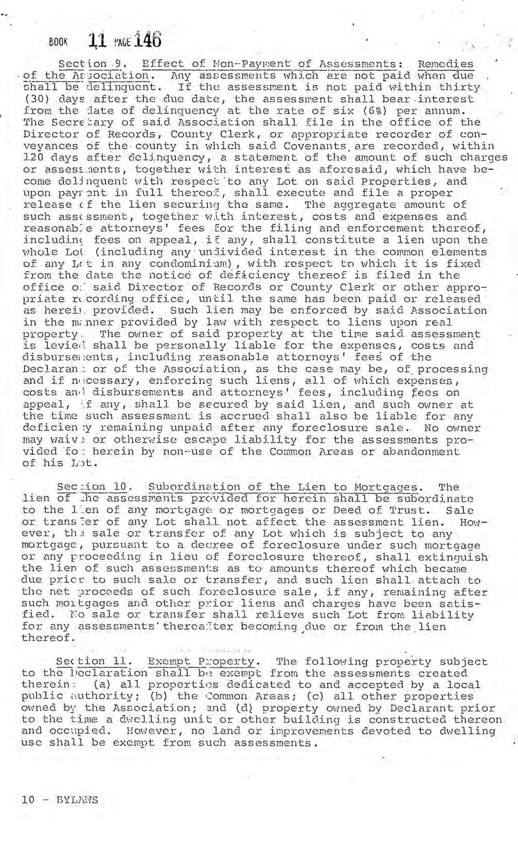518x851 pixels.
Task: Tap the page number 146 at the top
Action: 149,39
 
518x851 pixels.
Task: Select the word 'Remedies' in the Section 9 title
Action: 445,64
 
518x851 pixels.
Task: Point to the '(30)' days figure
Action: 35,99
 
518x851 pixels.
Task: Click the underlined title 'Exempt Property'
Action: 201,662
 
